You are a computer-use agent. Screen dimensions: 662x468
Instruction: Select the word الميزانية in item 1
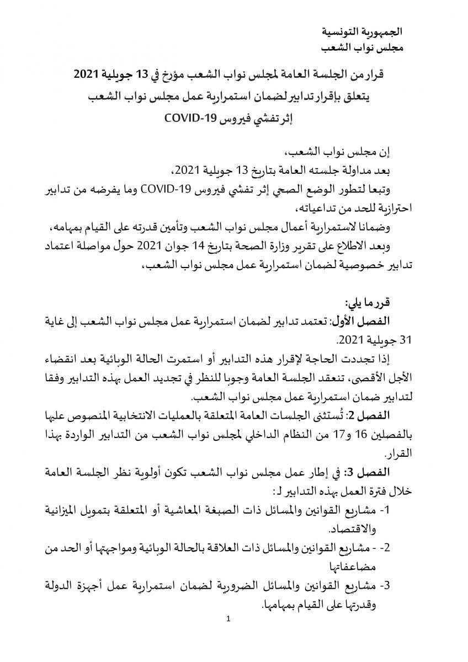tap(67, 510)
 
